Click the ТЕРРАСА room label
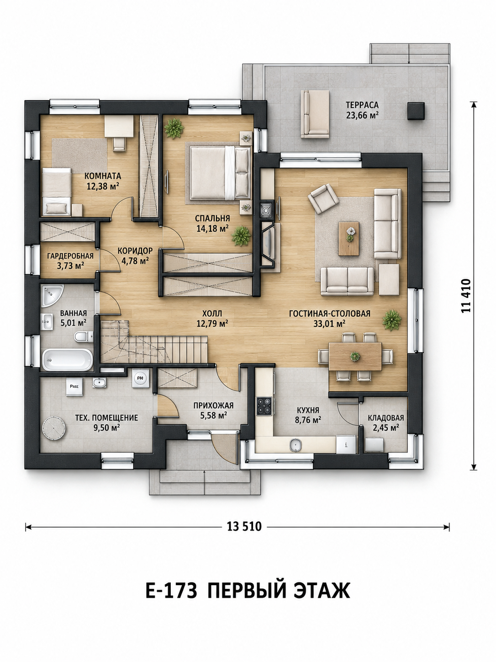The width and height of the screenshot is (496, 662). tap(362, 105)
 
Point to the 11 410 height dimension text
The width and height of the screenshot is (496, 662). tap(465, 296)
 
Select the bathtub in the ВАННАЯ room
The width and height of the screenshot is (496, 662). tap(68, 359)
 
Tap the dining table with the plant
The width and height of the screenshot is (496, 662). tap(355, 356)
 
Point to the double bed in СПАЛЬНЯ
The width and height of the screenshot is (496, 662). tap(220, 172)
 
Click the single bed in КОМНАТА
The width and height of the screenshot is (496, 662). tap(56, 192)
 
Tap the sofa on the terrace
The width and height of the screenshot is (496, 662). tap(315, 114)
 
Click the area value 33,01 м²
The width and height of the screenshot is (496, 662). tap(330, 324)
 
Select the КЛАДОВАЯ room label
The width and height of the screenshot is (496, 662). tap(385, 418)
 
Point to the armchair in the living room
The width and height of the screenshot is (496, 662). tap(323, 198)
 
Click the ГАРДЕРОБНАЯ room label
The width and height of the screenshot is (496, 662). tap(70, 256)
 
